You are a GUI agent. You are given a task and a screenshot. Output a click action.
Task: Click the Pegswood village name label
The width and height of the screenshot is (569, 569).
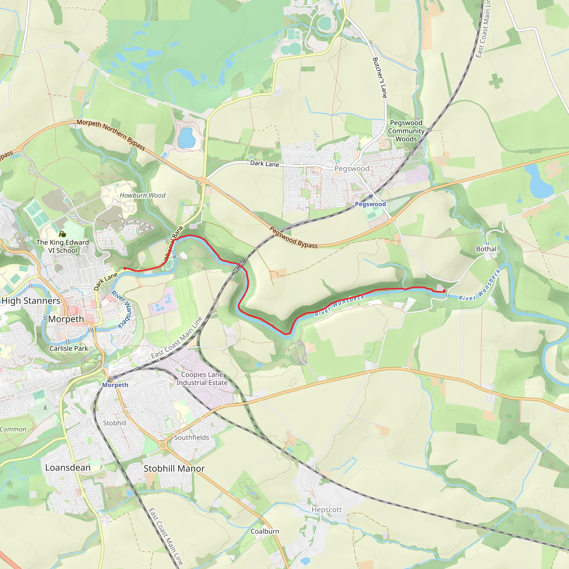(x=352, y=168)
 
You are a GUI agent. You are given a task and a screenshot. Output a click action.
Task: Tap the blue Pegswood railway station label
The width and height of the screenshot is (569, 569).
(x=370, y=204)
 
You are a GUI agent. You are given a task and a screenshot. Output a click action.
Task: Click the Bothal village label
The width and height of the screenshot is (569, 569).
(x=486, y=249)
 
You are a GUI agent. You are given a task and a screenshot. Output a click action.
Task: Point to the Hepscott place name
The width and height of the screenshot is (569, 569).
(x=327, y=509)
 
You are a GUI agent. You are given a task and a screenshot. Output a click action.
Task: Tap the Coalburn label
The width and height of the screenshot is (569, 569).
(x=265, y=531)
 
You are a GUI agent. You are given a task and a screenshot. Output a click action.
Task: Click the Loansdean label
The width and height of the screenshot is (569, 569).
(x=68, y=467)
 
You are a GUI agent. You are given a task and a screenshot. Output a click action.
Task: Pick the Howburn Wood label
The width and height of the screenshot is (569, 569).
(x=143, y=195)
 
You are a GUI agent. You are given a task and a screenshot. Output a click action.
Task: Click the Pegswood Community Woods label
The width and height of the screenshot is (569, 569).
(x=406, y=131)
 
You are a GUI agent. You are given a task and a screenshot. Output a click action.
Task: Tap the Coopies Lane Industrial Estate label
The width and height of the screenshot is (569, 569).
(x=202, y=378)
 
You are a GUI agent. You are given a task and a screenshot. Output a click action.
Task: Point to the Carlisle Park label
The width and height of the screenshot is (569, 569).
(x=69, y=348)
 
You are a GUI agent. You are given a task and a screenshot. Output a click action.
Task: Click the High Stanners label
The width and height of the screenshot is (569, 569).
(x=31, y=301)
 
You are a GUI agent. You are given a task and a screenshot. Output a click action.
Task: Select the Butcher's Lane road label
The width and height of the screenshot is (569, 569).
(x=380, y=78)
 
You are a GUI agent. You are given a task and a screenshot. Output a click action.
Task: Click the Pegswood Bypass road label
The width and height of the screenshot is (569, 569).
(x=294, y=237)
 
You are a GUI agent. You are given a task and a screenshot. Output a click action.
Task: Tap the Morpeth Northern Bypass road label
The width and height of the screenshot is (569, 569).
(x=111, y=135)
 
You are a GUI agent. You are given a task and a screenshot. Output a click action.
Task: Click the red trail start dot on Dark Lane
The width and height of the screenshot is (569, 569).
(x=124, y=268)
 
